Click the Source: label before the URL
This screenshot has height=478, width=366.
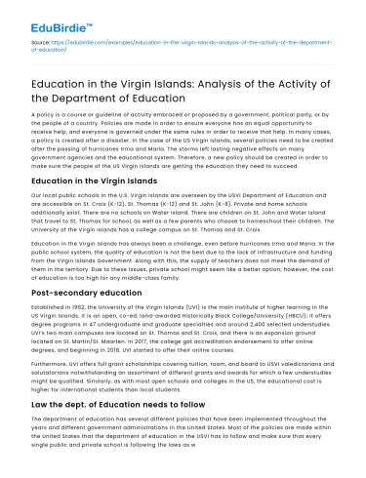coord(41,45)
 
